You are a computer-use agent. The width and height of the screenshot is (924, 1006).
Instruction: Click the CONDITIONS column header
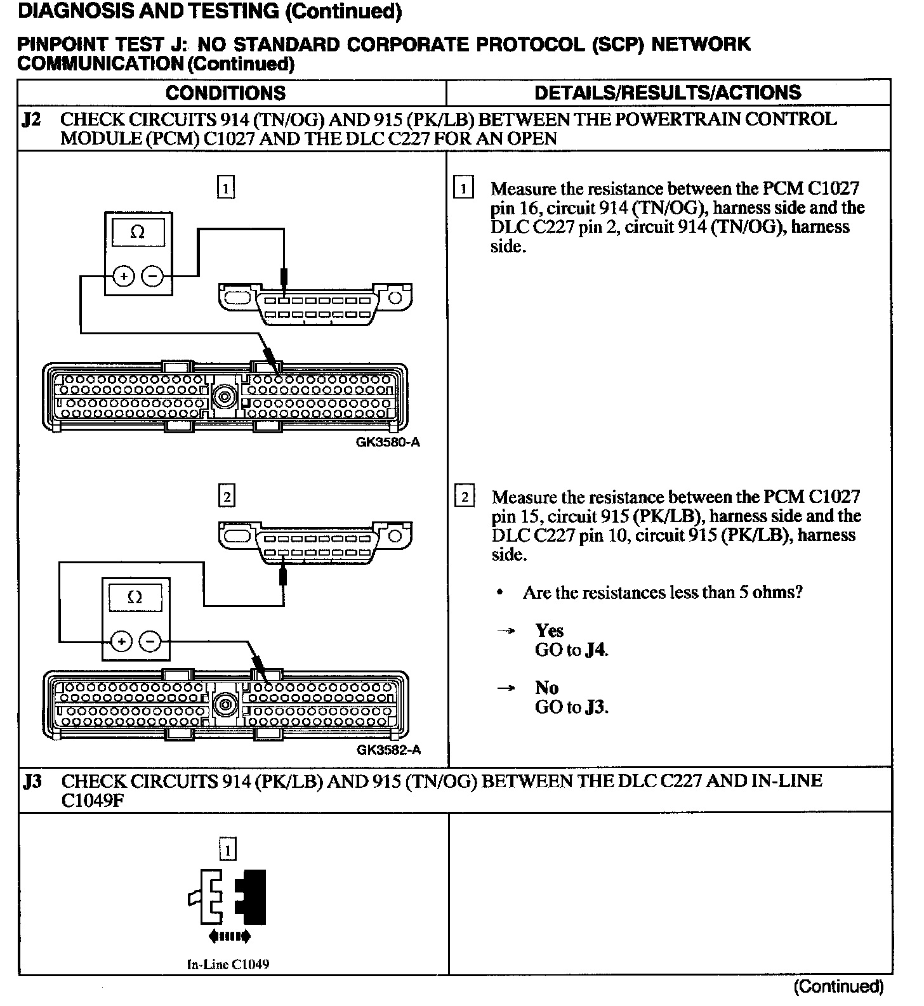(225, 93)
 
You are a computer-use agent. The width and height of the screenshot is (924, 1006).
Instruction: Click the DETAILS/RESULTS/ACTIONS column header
(668, 93)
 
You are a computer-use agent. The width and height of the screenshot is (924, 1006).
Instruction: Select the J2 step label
(32, 120)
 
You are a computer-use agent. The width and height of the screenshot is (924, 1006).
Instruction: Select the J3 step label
(33, 781)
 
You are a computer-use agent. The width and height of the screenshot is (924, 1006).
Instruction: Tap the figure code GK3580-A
(388, 442)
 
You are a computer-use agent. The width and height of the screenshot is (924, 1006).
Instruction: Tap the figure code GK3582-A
(388, 750)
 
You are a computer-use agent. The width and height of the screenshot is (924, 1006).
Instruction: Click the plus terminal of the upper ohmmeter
(124, 276)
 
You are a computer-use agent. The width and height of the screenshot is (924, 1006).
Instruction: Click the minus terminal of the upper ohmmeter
(152, 276)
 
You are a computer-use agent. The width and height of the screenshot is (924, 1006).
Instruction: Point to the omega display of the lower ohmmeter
(135, 598)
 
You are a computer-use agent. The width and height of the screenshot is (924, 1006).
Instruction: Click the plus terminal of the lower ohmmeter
(121, 642)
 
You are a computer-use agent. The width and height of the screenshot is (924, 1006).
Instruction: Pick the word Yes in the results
(549, 630)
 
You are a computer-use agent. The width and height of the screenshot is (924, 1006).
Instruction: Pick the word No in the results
(546, 688)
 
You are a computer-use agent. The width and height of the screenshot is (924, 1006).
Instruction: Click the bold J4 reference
(596, 650)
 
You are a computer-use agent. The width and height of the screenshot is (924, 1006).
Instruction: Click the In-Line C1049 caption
(228, 965)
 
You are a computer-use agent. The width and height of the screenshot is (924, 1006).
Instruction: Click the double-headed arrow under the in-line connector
(229, 936)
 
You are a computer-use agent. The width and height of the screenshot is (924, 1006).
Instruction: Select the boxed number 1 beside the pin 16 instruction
(464, 188)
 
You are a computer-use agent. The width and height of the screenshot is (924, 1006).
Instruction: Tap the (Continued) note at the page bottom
(838, 986)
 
